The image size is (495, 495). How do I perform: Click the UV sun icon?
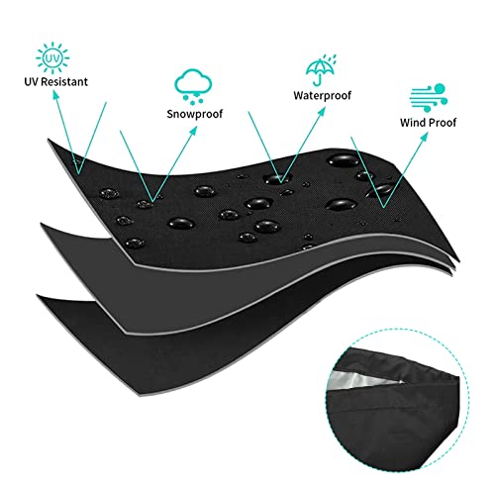pyautogui.click(x=52, y=58)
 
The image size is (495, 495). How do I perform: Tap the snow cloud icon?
pyautogui.click(x=193, y=86)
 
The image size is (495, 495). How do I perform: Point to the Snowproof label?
pyautogui.click(x=195, y=114)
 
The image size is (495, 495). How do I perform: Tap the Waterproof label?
pyautogui.click(x=323, y=95)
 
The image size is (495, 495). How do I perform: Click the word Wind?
pyautogui.click(x=413, y=123)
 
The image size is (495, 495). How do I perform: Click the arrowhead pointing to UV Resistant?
pyautogui.click(x=55, y=95)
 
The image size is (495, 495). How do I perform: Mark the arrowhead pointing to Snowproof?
pyautogui.click(x=193, y=131)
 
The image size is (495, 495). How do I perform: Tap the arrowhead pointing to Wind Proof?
pyautogui.click(x=424, y=138)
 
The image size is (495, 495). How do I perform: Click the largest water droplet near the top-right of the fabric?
pyautogui.click(x=343, y=160)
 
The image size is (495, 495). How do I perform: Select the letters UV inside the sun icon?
pyautogui.click(x=52, y=58)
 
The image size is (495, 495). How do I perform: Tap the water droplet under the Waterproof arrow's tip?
pyautogui.click(x=276, y=179)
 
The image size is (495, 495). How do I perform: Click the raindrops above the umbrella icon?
pyautogui.click(x=330, y=59)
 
